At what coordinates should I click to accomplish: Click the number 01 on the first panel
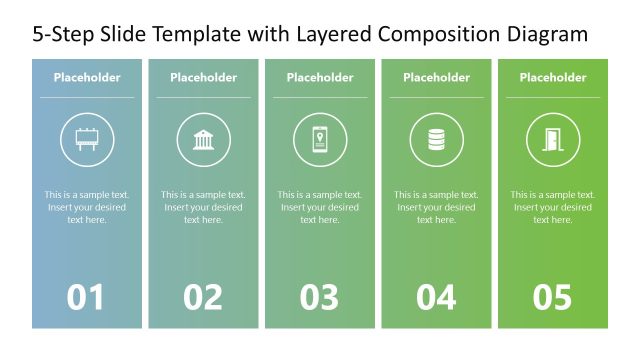pos(86,297)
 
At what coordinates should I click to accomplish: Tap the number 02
pos(203,297)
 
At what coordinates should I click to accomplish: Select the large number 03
pos(320,297)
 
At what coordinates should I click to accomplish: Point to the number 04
pos(436,297)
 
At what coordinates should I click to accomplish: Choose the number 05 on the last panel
pos(553,297)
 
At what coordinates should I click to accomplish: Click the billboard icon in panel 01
pos(87,140)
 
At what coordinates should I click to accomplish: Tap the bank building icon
pos(203,140)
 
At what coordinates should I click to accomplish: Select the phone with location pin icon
pos(320,140)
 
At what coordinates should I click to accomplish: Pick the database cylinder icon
pos(436,140)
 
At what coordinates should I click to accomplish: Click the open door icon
pos(553,140)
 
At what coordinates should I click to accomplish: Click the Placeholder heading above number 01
pos(87,77)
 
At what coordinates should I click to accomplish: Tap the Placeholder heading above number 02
pos(203,77)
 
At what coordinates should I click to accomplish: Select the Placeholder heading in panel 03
pos(320,77)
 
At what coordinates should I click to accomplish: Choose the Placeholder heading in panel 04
pos(436,77)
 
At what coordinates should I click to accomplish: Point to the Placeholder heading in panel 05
pos(553,77)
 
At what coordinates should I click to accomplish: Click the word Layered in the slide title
pos(335,35)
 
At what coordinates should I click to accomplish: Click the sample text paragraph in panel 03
pos(320,207)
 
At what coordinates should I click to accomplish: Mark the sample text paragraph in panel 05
pos(553,207)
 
